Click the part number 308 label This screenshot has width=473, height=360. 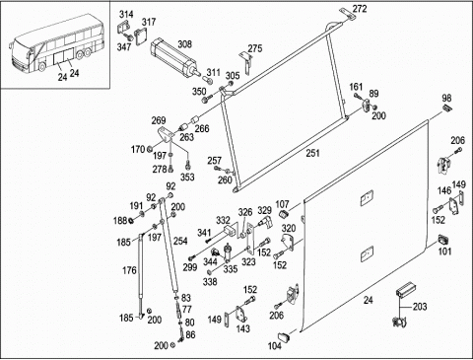point(185,44)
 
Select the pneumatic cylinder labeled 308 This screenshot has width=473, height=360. point(174,58)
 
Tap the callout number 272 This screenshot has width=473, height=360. point(360,9)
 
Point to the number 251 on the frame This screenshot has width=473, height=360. point(312,153)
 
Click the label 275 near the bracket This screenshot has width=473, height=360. point(255,48)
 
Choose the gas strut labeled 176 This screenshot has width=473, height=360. point(141,275)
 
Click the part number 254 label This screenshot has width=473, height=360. point(180,241)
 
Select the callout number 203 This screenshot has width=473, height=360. point(420,307)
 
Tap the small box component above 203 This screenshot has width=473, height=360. point(405,289)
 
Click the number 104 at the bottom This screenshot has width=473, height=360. point(275,345)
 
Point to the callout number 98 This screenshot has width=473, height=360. point(446,98)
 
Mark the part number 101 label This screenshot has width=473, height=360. point(445,252)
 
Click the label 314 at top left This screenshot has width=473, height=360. point(126,14)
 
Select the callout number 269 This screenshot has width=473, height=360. point(159,120)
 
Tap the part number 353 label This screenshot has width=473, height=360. point(187,178)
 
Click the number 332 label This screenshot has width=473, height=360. point(223,220)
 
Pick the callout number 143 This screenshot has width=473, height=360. point(243,328)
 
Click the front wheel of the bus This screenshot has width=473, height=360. point(42,67)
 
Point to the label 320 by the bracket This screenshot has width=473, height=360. point(289,228)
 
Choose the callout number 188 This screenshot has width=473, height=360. point(120,220)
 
